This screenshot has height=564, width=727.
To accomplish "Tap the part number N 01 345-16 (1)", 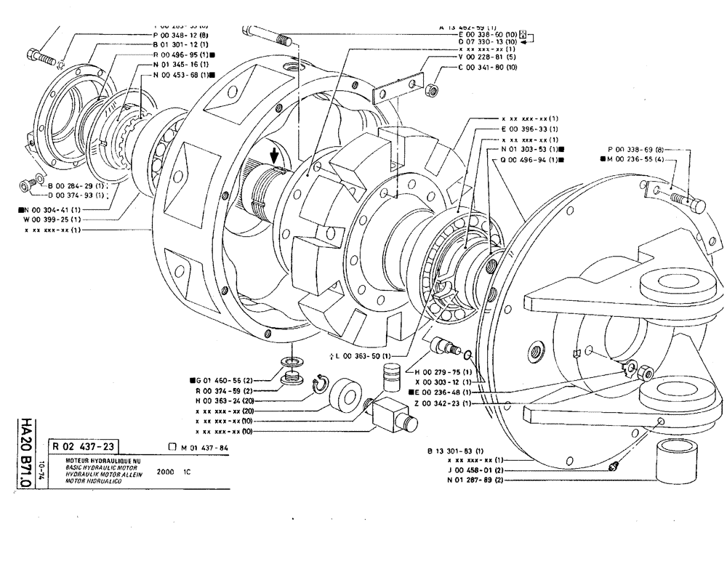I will pos(179,64).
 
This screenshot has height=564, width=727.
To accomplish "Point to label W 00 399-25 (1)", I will pos(52,219).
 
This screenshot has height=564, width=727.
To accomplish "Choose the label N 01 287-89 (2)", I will pos(476,480).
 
